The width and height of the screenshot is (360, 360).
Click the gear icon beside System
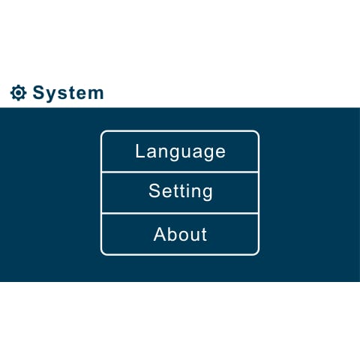18,93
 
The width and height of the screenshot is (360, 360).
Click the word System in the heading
68,93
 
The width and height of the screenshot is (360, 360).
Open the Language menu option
180,151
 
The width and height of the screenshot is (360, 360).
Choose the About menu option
180,234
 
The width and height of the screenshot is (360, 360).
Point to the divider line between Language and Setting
180,172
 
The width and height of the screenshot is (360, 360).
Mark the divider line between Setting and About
180,214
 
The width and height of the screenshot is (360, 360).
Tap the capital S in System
39,93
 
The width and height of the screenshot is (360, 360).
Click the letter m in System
96,94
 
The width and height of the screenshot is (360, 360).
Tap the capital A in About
160,234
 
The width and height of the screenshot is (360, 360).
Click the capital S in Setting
154,190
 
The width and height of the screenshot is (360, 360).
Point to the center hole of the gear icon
18,93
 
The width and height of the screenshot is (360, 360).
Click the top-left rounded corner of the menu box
103,133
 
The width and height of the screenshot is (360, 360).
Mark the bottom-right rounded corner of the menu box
256,253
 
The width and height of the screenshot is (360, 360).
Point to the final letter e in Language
220,152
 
